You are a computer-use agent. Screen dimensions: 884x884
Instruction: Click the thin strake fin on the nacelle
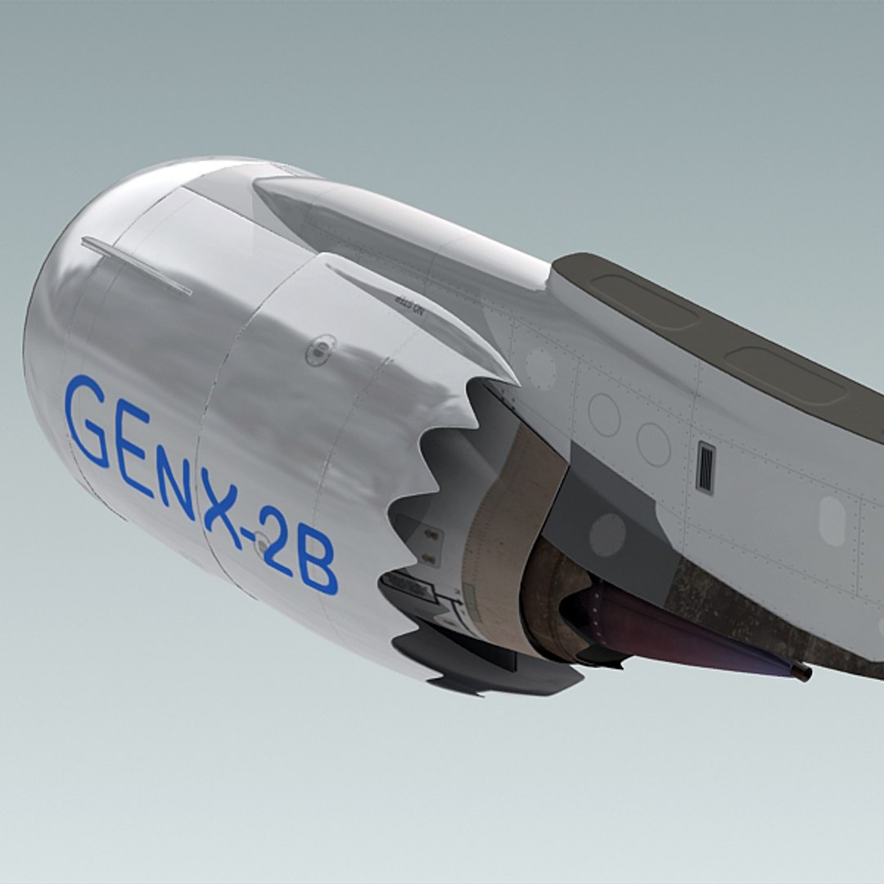click(x=138, y=266)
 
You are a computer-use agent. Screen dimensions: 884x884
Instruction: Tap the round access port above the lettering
click(x=320, y=350)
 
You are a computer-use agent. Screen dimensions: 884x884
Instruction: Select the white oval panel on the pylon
click(x=832, y=521)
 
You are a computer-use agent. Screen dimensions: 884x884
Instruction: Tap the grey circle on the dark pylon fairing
click(x=607, y=534)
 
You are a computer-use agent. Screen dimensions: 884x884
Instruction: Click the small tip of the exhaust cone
click(x=801, y=672)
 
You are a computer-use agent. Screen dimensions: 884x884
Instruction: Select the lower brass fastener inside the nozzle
click(x=430, y=558)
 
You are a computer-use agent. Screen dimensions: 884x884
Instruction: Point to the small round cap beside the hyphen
click(x=262, y=541)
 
